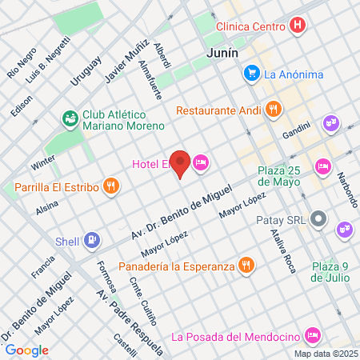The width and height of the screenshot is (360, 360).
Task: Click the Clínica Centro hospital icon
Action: click(298, 26)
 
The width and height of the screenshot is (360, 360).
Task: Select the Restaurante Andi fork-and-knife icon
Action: click(274, 110)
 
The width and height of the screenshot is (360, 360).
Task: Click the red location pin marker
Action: click(181, 164)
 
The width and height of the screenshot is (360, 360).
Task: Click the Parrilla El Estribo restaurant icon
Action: click(110, 187)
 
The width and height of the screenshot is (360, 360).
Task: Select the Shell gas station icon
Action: click(93, 239)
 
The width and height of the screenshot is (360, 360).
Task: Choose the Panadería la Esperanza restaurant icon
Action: click(246, 266)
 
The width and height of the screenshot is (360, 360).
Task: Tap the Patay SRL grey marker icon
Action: click(319, 218)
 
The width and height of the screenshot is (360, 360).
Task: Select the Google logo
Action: click(27, 350)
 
